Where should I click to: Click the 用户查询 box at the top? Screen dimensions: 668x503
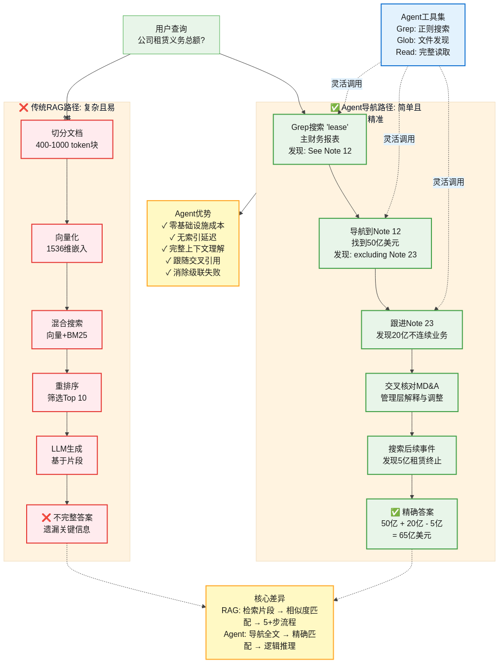[171, 35]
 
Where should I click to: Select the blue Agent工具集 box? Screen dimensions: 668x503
[423, 35]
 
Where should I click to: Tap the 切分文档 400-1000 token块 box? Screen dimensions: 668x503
[67, 139]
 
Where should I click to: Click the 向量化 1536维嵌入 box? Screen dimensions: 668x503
[67, 243]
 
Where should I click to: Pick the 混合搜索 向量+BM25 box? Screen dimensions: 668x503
[67, 330]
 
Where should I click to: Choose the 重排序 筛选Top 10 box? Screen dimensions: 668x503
[67, 392]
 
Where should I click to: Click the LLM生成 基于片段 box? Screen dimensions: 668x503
[67, 455]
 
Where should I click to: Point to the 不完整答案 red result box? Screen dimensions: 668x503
[67, 524]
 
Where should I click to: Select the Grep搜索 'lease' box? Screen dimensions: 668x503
[319, 139]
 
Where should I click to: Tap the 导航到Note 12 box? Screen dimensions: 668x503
[375, 243]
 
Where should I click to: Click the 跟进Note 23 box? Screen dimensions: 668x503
[412, 330]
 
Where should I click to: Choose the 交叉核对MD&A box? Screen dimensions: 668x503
[412, 392]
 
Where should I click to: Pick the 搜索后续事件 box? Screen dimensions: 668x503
[412, 455]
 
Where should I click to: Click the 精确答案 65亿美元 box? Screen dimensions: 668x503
[412, 524]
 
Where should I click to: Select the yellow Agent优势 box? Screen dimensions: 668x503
[193, 243]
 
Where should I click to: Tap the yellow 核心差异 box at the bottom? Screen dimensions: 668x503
[270, 623]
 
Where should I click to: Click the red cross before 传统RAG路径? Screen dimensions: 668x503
[24, 107]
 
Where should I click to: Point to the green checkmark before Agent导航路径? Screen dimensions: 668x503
[335, 107]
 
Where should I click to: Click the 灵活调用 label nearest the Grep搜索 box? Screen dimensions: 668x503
[347, 83]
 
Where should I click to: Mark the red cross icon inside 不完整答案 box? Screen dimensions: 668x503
[46, 517]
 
